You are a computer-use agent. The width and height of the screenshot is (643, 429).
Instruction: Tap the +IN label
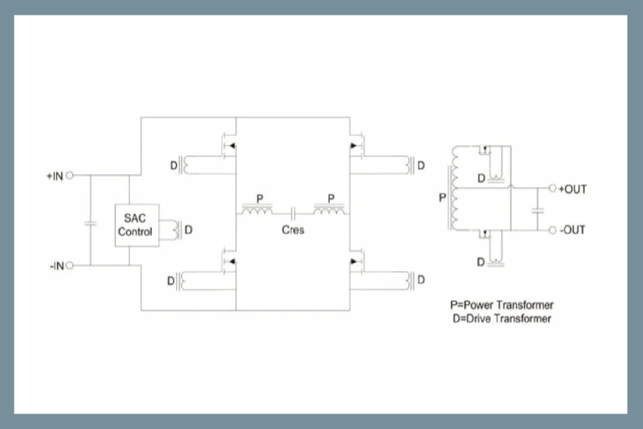(x=54, y=176)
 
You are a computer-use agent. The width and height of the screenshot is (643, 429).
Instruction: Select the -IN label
(x=55, y=266)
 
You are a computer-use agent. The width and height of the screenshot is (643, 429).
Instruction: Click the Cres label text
(x=293, y=230)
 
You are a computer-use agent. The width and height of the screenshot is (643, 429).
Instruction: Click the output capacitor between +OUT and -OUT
(x=537, y=209)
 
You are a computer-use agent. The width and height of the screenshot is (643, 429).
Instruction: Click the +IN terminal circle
(x=70, y=176)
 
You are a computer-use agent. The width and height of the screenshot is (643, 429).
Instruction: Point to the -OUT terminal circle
(x=552, y=230)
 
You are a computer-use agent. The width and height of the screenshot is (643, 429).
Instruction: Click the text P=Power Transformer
(x=501, y=305)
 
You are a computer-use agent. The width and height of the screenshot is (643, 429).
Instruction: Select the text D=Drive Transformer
(x=501, y=318)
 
